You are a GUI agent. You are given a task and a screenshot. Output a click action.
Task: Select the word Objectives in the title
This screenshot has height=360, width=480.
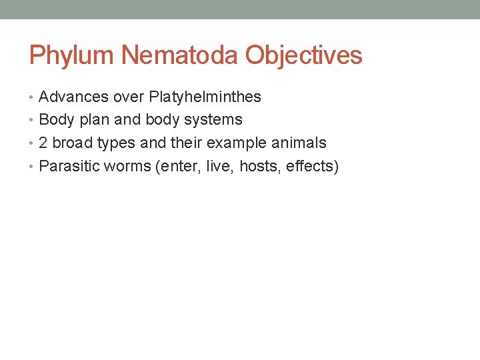[304, 55]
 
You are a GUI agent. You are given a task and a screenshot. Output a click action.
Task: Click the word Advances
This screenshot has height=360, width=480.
[73, 97]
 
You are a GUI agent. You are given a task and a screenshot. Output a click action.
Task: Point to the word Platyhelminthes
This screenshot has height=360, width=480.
[205, 97]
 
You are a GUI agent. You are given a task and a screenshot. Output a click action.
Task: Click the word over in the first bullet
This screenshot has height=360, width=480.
[129, 97]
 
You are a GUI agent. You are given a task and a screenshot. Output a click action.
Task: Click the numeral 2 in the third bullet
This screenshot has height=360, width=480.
[43, 143]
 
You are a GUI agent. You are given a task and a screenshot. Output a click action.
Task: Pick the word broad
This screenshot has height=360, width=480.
[72, 143]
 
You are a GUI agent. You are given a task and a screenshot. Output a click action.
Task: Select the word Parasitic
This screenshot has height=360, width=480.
[68, 166]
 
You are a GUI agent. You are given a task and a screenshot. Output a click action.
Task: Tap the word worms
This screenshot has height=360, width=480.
[125, 167]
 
